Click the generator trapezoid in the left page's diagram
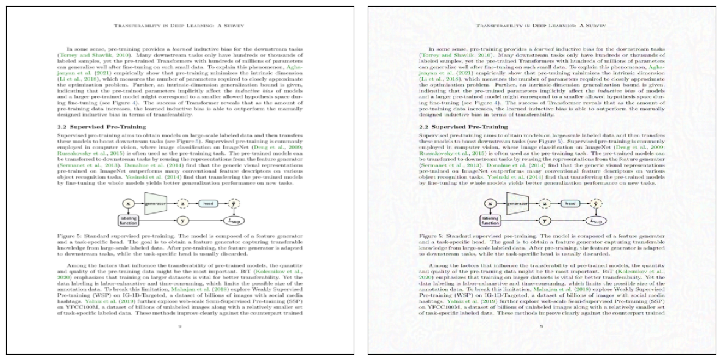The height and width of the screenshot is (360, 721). coord(156,203)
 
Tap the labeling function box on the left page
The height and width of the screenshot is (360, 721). coord(128,220)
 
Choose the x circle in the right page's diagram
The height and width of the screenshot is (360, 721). coord(489,204)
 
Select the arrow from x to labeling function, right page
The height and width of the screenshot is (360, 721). coord(489,211)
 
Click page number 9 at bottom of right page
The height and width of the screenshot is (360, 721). coord(542,326)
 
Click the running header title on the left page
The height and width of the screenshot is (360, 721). coord(179,26)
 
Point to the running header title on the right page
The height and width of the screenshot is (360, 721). coord(541,26)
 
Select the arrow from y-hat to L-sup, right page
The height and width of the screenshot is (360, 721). coord(597,212)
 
